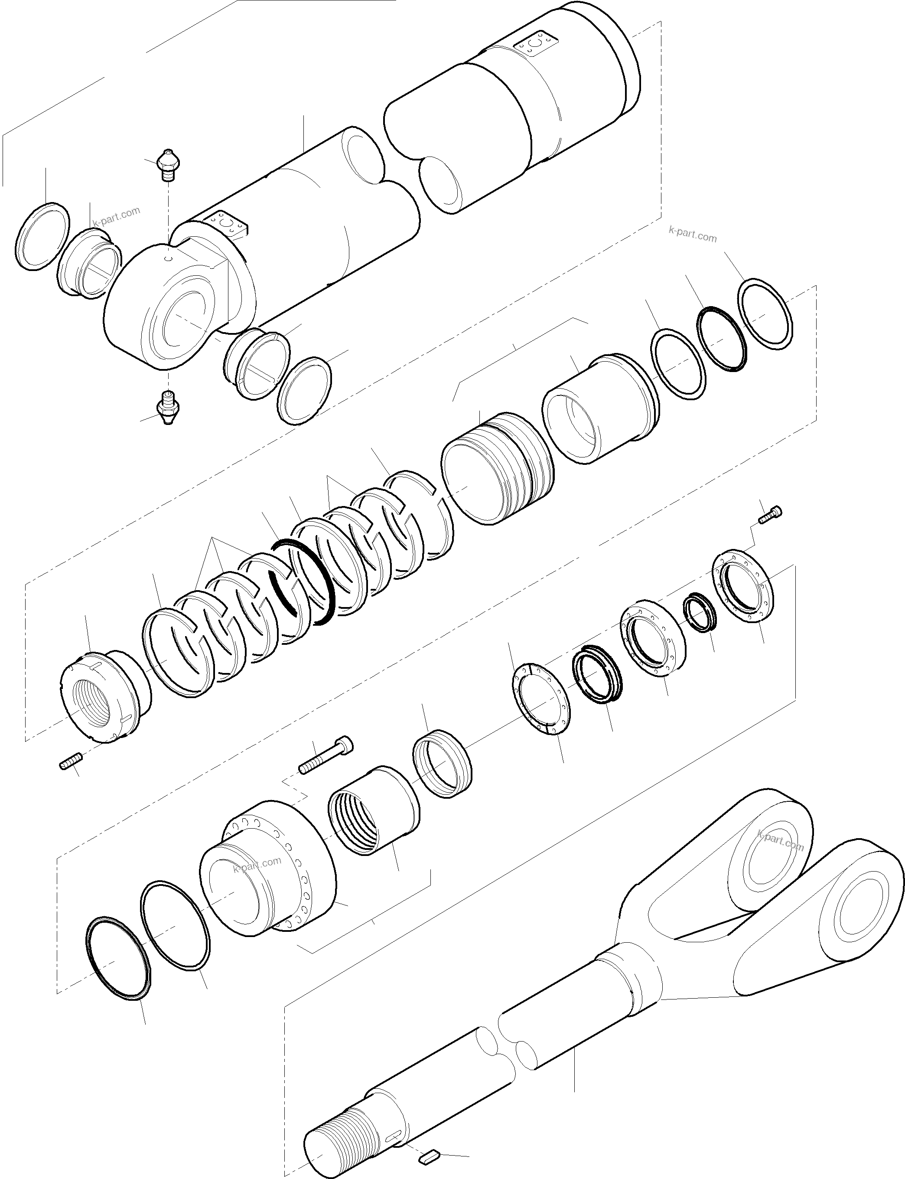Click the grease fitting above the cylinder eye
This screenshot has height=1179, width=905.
coord(169,163)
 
